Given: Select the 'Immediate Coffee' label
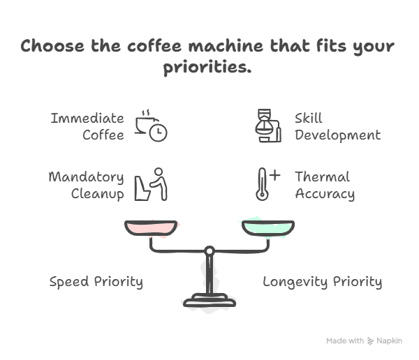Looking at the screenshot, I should click(88, 126).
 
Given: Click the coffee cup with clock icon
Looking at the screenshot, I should click(149, 126).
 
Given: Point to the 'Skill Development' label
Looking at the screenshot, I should click(337, 126).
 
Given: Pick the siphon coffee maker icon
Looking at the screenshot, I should click(267, 126).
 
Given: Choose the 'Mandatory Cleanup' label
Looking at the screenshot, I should click(87, 185).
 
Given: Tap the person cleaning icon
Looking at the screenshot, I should click(151, 183).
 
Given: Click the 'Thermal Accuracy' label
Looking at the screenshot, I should click(324, 185).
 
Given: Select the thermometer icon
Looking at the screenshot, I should click(263, 184).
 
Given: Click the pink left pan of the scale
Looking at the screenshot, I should click(150, 227).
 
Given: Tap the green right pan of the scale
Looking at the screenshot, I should click(267, 227).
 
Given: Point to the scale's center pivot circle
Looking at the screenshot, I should click(209, 250).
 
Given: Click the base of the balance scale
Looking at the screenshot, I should click(209, 300).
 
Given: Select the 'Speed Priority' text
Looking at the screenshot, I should click(96, 282).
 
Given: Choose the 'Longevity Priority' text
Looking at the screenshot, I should click(322, 282).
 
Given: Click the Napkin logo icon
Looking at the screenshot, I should click(371, 341).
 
